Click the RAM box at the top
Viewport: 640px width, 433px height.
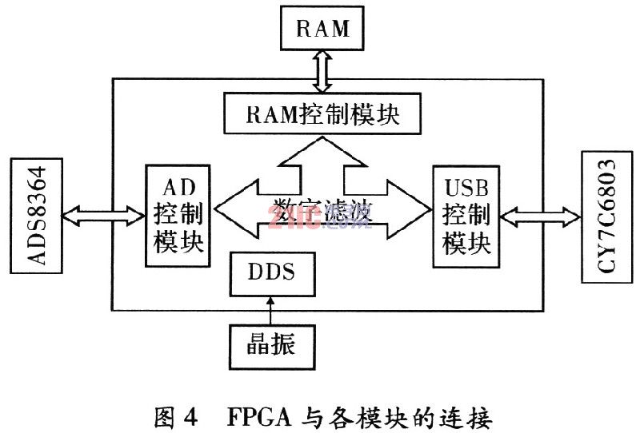(x=323, y=29)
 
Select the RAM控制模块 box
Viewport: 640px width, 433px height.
(x=323, y=115)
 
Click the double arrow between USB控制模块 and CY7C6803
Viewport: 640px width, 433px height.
(x=538, y=213)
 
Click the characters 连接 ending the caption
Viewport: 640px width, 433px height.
(x=471, y=415)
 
